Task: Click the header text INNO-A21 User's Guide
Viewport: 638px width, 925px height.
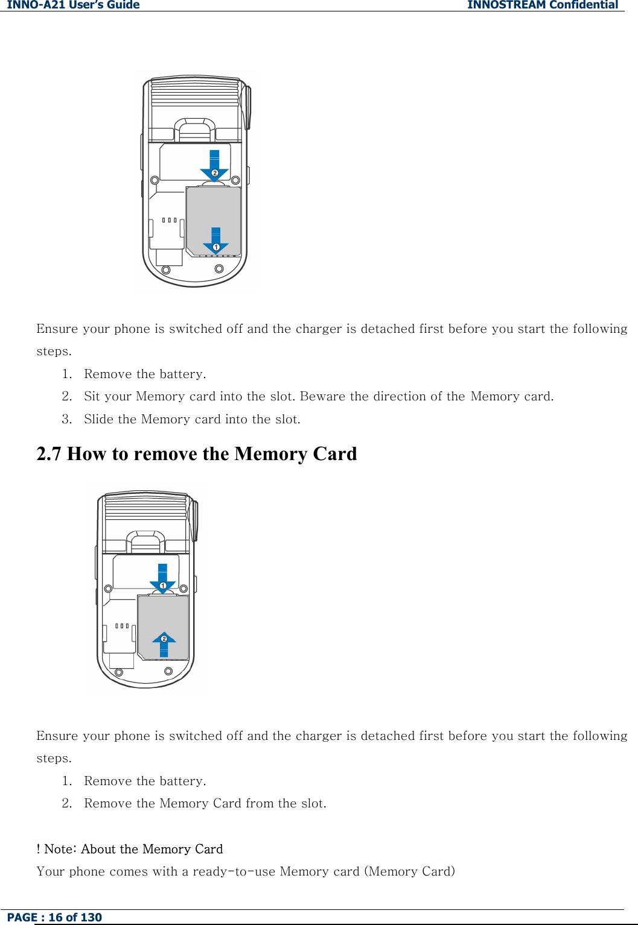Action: coord(73,5)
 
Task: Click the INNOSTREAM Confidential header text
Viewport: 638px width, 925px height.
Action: coord(542,5)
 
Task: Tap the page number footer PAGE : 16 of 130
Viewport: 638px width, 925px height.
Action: coord(54,917)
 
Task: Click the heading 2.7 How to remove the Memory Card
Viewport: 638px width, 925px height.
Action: coord(197,453)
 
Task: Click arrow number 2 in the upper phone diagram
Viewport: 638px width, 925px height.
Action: coord(214,167)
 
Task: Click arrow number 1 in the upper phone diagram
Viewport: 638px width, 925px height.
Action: coord(215,242)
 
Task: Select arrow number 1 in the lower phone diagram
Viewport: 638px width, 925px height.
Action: coord(162,580)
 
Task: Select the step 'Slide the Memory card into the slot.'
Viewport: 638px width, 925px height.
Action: coord(192,419)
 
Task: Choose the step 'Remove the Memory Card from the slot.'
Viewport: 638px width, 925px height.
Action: coord(205,803)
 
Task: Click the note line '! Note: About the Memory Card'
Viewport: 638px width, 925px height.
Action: coord(130,849)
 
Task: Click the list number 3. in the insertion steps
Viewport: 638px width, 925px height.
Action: coord(67,419)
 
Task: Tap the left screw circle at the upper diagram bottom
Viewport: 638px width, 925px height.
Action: coord(166,270)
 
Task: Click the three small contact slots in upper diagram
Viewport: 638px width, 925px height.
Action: coord(170,220)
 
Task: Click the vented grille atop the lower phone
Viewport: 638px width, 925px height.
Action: coord(145,507)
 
